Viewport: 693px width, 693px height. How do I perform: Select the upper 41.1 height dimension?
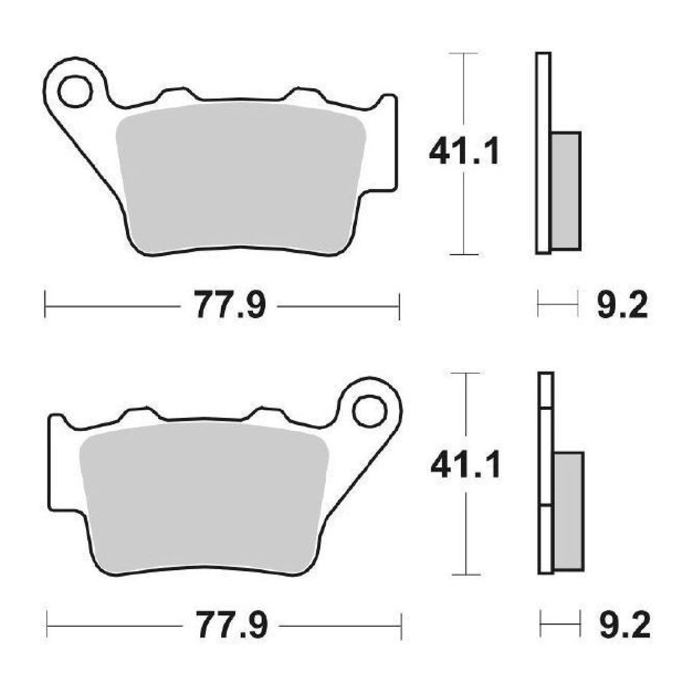(x=464, y=153)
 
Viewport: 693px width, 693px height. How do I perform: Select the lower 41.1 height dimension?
(x=465, y=465)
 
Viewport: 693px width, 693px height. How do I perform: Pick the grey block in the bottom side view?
(x=569, y=510)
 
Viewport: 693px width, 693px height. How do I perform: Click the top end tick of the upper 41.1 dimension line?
(x=463, y=53)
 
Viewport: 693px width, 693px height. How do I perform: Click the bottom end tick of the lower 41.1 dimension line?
(x=467, y=574)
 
